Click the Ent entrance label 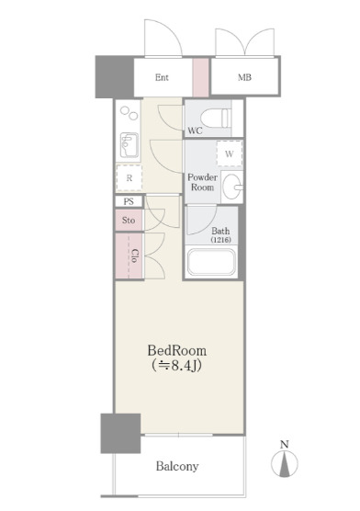coord(162,77)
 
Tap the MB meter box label coord(244,77)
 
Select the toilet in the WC coord(216,118)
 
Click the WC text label coord(195,131)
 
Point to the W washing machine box coord(230,153)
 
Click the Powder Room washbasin coord(232,187)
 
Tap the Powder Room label coord(202,182)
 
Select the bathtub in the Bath coord(211,263)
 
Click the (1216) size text coord(220,240)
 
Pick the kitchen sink coord(129,145)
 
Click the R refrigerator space coord(129,178)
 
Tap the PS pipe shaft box coord(129,201)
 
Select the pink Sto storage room coord(129,221)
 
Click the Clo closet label coord(135,255)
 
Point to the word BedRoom coord(177,351)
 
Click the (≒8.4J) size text coord(176,366)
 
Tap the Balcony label coord(177,466)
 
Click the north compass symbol coord(285,464)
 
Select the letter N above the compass coord(285,444)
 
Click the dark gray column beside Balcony coord(120,434)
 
